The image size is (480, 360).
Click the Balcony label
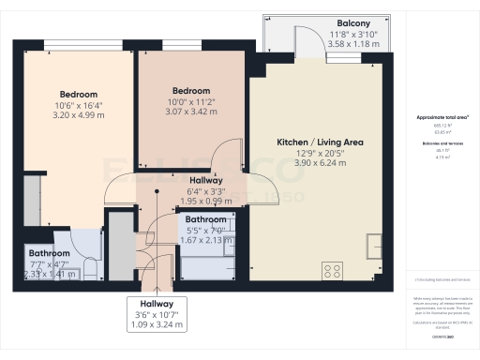[x=352, y=22]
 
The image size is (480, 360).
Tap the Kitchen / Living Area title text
[x=320, y=142]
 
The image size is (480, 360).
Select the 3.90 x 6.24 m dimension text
[x=320, y=162]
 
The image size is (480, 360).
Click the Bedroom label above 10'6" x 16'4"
[x=79, y=95]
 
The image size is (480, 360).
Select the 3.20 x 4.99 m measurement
[x=79, y=114]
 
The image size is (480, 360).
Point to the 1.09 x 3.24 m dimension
[x=156, y=325]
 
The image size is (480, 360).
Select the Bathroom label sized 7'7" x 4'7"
[x=49, y=253]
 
